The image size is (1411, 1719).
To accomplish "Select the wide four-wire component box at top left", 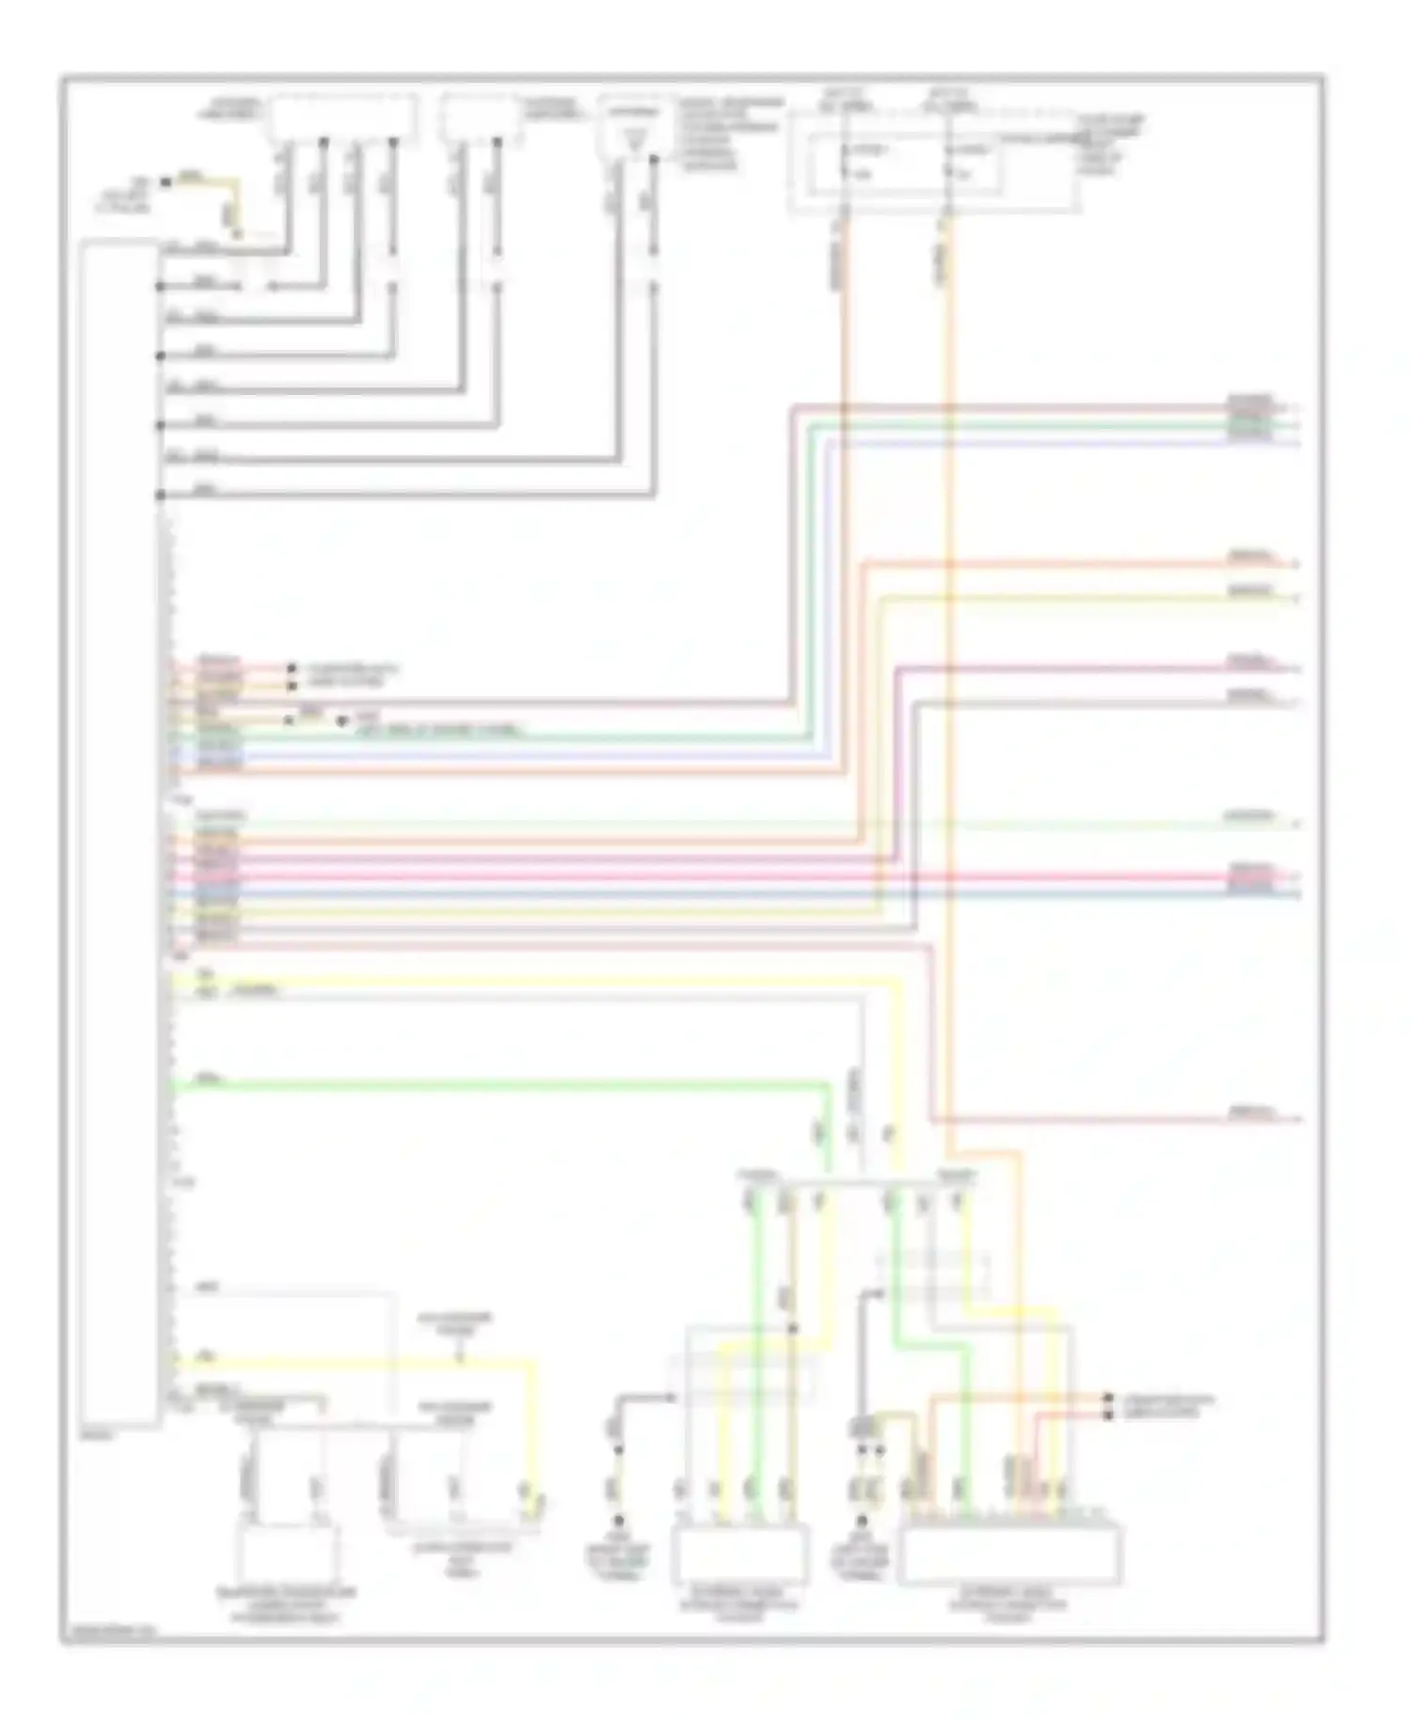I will (x=342, y=118).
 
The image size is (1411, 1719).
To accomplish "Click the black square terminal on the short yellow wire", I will (x=166, y=181).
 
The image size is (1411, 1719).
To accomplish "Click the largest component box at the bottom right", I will (x=1010, y=1554).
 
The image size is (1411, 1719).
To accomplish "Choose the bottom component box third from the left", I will (x=739, y=1554).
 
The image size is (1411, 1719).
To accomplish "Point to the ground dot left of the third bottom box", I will (x=618, y=1520).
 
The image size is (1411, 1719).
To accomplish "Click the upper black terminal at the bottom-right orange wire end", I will (x=1108, y=1398).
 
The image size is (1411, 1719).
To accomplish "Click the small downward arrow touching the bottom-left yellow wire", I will (x=459, y=1355).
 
